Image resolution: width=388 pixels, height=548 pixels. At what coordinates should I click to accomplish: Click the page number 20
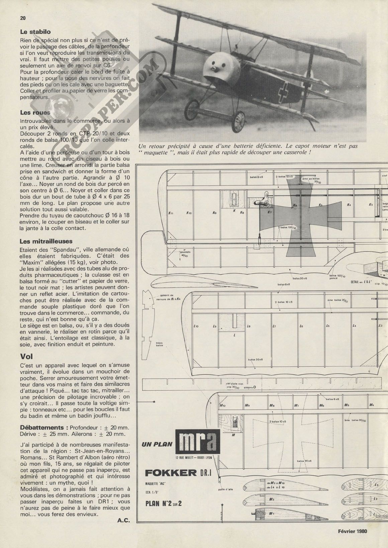pyautogui.click(x=23, y=18)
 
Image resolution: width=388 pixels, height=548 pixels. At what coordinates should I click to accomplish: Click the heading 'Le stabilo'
pyautogui.click(x=35, y=32)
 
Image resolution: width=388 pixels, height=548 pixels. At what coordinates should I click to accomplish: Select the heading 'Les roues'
pyautogui.click(x=35, y=113)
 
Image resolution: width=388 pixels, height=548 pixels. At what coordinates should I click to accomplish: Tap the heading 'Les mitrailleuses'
pyautogui.click(x=46, y=241)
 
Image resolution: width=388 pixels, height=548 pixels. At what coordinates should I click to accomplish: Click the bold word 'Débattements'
pyautogui.click(x=41, y=428)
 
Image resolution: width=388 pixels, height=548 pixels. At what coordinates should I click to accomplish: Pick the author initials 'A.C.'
pyautogui.click(x=123, y=520)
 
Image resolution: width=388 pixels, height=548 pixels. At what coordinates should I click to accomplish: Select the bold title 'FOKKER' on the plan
pyautogui.click(x=171, y=472)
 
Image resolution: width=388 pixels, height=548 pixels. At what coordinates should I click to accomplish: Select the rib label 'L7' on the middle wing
pyautogui.click(x=274, y=326)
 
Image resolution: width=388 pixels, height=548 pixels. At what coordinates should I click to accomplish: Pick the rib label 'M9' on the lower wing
pyautogui.click(x=247, y=405)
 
